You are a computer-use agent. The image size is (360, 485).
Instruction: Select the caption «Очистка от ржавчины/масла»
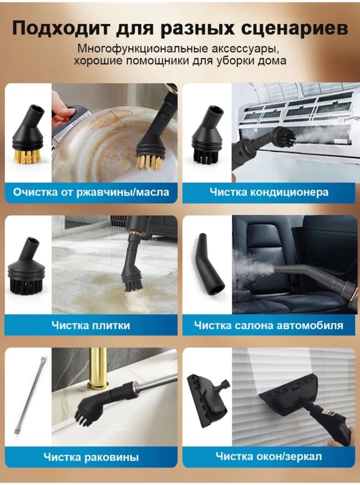coord(91,192)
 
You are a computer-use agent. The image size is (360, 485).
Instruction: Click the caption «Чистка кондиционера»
coord(269,192)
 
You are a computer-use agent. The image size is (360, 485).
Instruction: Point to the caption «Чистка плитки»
coord(91,325)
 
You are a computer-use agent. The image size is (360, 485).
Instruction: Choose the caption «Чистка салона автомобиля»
coord(269,325)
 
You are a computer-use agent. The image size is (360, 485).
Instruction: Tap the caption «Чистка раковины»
coord(91,457)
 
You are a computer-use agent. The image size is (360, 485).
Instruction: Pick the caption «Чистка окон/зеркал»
coord(269,457)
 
